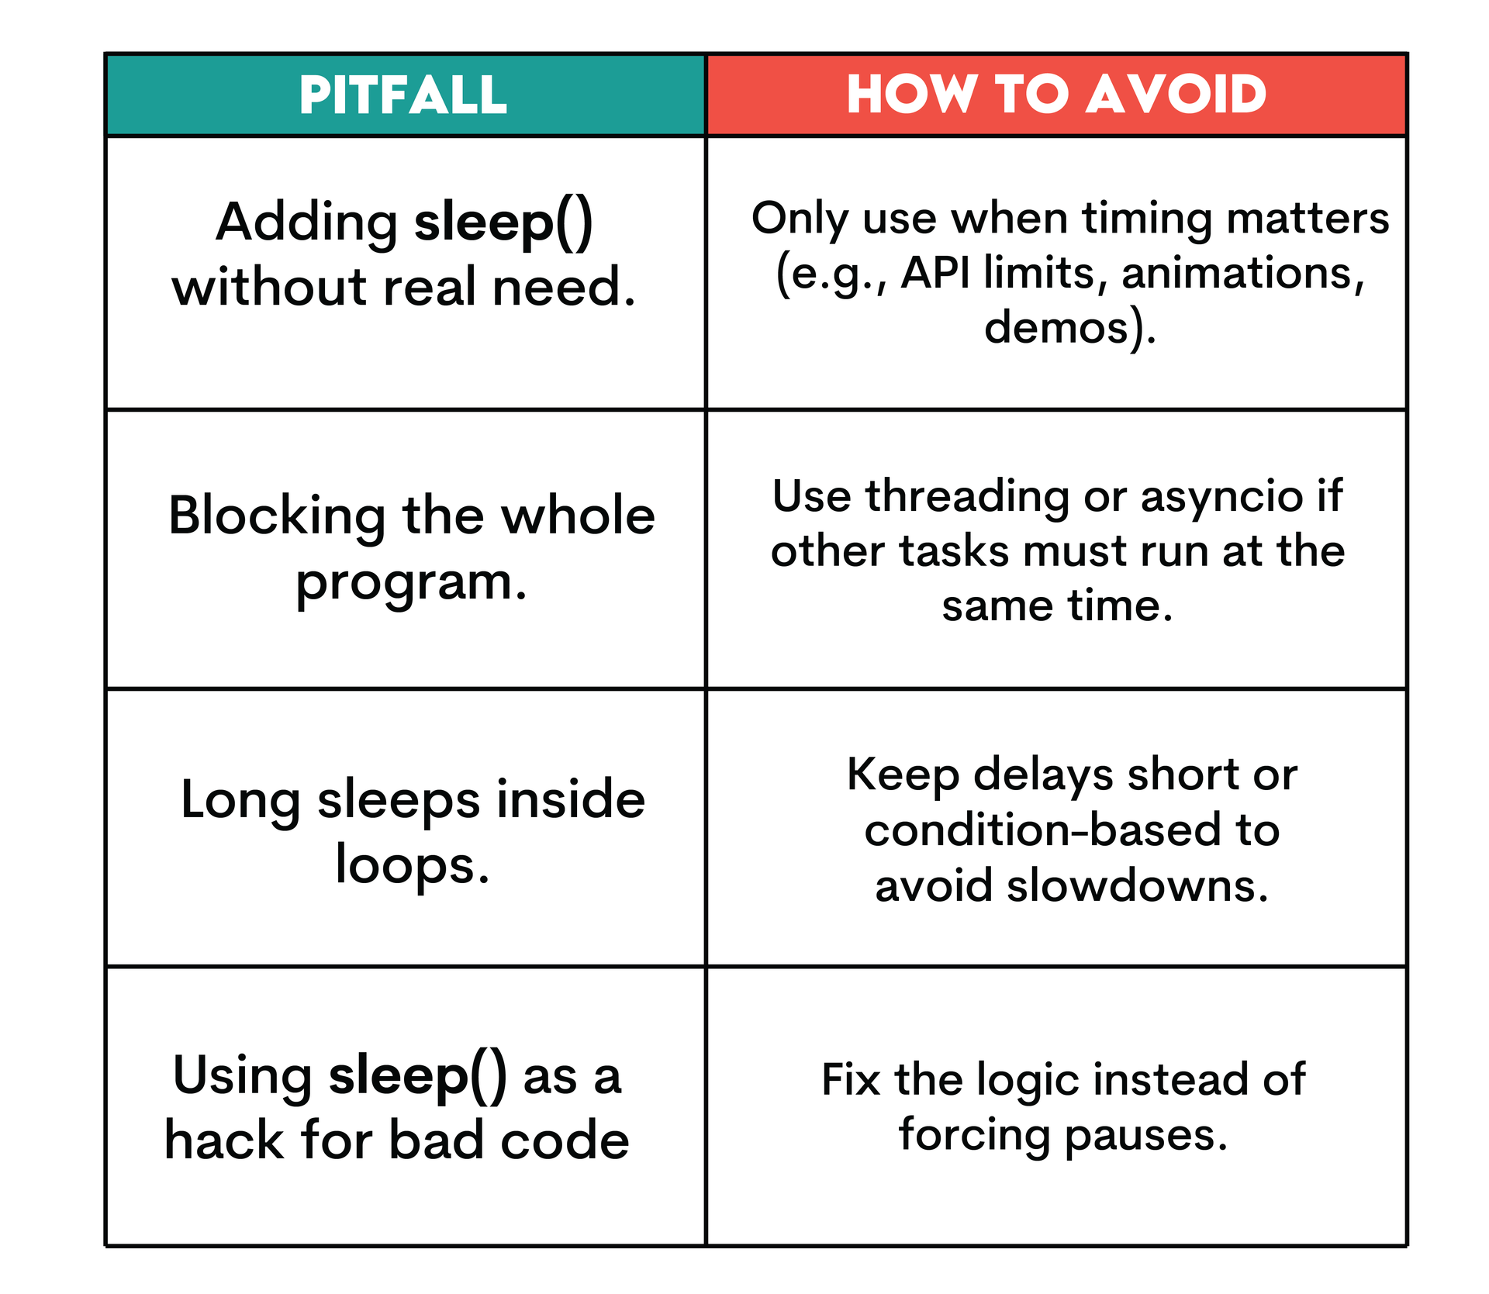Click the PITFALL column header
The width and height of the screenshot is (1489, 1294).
pyautogui.click(x=403, y=95)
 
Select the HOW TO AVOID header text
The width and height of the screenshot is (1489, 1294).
pyautogui.click(x=1056, y=95)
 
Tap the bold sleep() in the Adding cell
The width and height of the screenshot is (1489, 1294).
pyautogui.click(x=503, y=223)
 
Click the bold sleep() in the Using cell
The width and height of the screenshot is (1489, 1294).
pyautogui.click(x=418, y=1077)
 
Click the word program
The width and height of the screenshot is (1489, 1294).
pyautogui.click(x=410, y=583)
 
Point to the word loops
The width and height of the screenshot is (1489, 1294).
pyautogui.click(x=411, y=867)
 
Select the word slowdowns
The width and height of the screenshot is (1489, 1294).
pyautogui.click(x=1136, y=885)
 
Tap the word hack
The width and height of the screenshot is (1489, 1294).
pyautogui.click(x=224, y=1140)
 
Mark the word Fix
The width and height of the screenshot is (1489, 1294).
pyautogui.click(x=850, y=1079)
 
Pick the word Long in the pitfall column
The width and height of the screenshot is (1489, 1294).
pyautogui.click(x=240, y=801)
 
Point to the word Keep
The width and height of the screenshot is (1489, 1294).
pyautogui.click(x=903, y=775)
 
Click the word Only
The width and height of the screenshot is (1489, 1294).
pyautogui.click(x=800, y=219)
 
